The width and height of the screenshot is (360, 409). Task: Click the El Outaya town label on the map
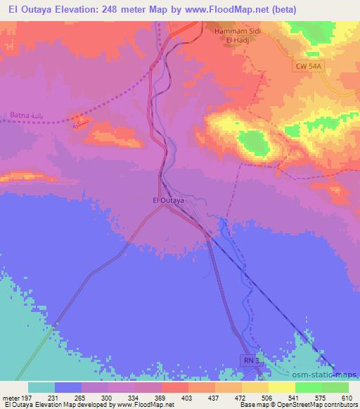coord(169,200)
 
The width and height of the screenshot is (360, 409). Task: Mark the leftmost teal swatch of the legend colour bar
coord(41,387)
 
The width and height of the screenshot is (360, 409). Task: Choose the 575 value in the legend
coord(320,398)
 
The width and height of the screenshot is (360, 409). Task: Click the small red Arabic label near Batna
coord(78,125)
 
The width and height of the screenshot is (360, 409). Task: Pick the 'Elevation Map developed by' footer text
coord(77,405)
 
